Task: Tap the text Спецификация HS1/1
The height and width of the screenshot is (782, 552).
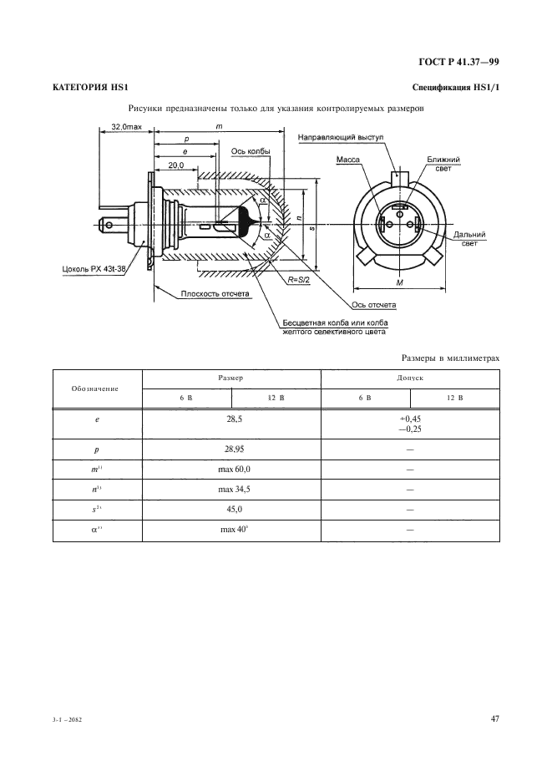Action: (456, 89)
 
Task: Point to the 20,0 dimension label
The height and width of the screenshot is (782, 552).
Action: (175, 165)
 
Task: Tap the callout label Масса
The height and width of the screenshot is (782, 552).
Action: (347, 158)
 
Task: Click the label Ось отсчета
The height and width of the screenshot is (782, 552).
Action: (377, 305)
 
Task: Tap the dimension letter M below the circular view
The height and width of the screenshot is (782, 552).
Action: (398, 282)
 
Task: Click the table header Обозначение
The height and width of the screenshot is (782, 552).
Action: (94, 389)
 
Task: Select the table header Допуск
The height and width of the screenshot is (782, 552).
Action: (410, 378)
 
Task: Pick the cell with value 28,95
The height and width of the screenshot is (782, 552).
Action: (233, 449)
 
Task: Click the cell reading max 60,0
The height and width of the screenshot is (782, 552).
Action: (233, 470)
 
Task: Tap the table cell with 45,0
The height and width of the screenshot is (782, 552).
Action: (233, 509)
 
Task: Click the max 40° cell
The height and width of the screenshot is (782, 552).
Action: (233, 530)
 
